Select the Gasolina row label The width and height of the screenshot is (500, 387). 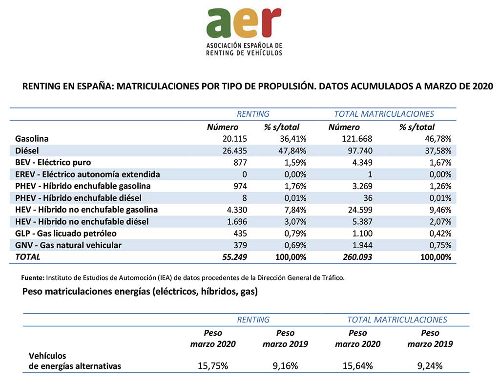coord(32,139)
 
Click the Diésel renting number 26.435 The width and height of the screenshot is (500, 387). coord(235,150)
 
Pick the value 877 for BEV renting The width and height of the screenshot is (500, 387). coord(240,162)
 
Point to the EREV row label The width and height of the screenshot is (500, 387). coord(87,174)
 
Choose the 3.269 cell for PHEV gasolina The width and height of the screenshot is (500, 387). coord(362,186)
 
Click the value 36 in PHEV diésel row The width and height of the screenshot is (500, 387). coord(368,198)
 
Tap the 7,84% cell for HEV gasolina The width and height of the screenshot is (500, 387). coord(295,210)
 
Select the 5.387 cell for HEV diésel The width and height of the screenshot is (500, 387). coord(362,222)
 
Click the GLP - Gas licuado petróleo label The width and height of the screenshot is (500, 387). coord(66,234)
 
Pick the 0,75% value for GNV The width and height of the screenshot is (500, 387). coord(440,245)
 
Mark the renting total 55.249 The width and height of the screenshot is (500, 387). coord(234,257)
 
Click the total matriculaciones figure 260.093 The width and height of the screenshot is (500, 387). coord(357,257)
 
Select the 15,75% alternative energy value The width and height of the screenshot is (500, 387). coord(213,365)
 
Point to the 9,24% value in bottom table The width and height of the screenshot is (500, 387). coord(430,365)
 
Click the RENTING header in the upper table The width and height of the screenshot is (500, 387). coord(253,114)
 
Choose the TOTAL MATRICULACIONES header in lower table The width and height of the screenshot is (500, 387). coord(397,320)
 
